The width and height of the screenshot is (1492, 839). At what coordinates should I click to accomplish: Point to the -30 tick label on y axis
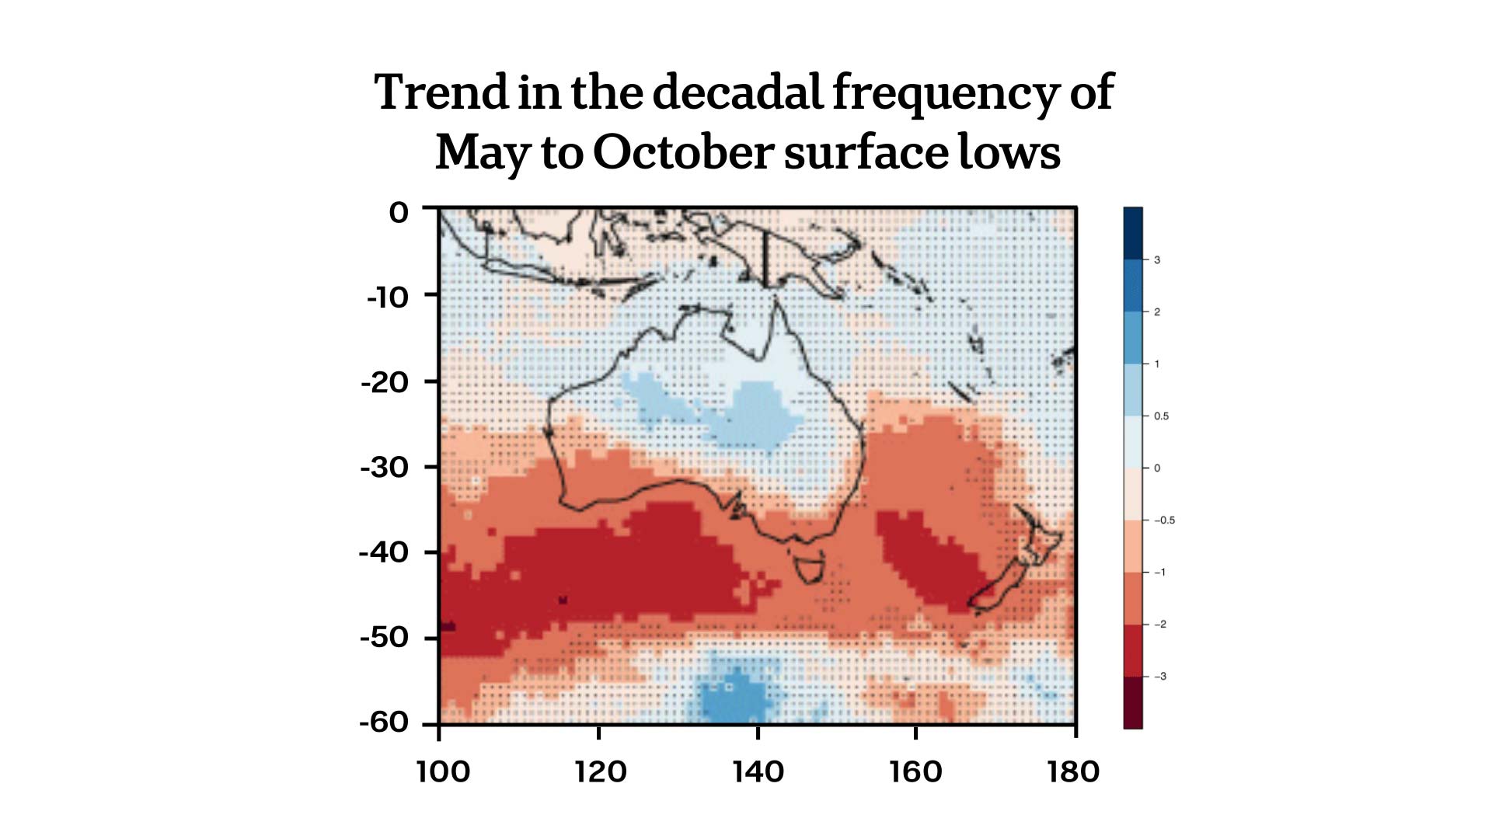[384, 468]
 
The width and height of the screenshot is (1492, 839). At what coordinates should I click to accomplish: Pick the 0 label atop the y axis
[399, 213]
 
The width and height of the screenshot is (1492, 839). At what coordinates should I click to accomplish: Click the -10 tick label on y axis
[387, 298]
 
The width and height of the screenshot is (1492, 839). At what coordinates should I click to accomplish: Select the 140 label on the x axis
[758, 772]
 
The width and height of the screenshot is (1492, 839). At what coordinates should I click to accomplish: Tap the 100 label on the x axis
[442, 772]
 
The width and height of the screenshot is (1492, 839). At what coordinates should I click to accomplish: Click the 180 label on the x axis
[1073, 772]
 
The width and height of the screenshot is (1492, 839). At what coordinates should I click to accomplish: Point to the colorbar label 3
[1157, 260]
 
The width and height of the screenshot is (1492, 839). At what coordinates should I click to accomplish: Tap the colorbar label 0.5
[1161, 416]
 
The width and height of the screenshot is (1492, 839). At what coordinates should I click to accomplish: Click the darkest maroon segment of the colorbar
[1133, 703]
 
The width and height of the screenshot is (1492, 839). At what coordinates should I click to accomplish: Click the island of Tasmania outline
[810, 566]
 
